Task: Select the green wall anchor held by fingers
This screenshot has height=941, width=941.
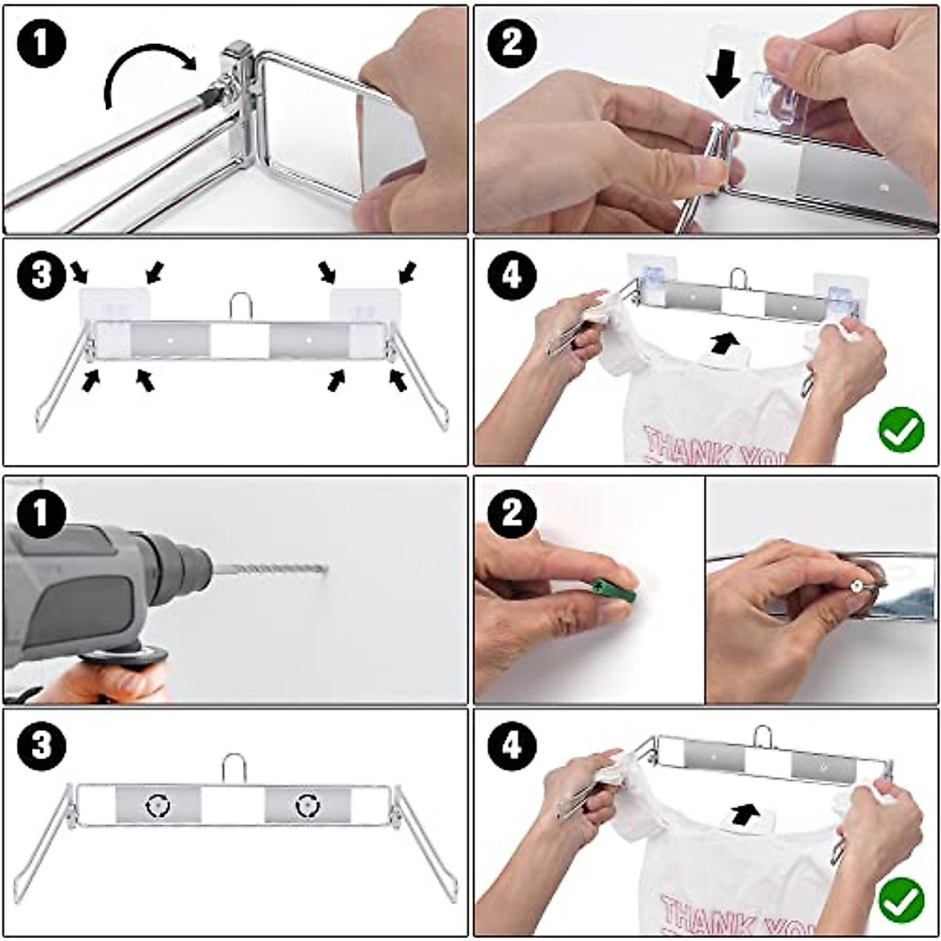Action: pos(614,589)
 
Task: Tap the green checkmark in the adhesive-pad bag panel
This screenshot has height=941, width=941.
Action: pos(901,430)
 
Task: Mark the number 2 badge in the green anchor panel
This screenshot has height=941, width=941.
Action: pos(511,514)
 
